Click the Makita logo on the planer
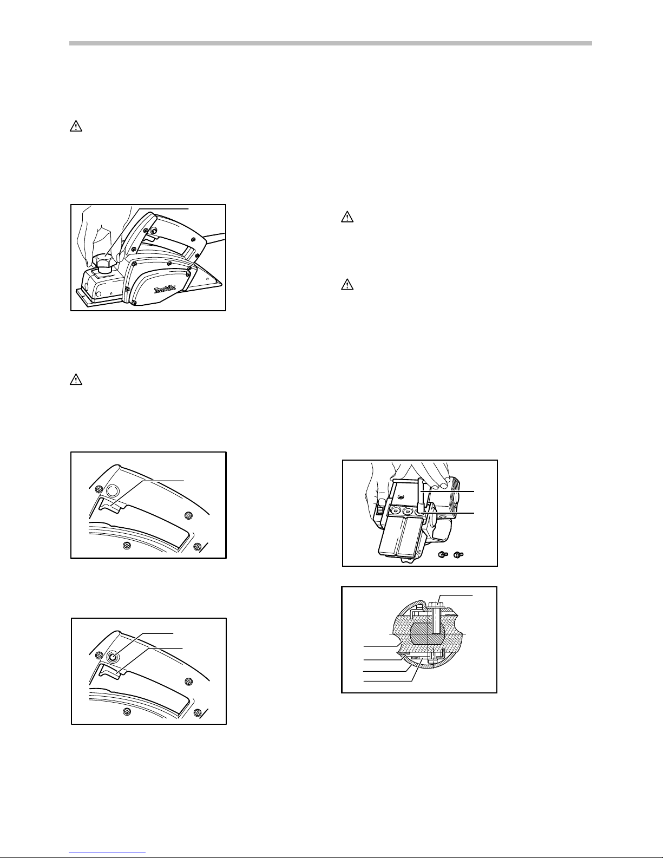(165, 290)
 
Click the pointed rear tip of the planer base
(222, 283)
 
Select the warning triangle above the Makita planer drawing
(76, 126)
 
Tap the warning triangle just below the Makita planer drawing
(76, 380)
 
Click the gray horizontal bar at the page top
(331, 43)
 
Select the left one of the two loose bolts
(443, 555)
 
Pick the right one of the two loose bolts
(458, 554)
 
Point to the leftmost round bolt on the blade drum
(394, 511)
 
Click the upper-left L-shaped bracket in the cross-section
(415, 612)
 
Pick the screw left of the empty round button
(97, 490)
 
